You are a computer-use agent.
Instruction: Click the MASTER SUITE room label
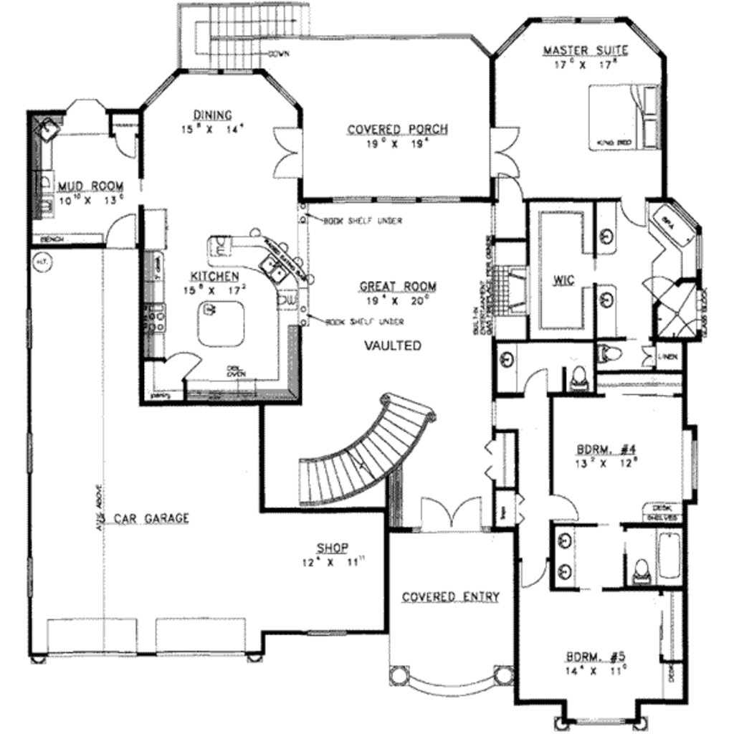click(585, 51)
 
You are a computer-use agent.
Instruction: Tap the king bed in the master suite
click(623, 118)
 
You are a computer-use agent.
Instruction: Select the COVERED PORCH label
click(397, 130)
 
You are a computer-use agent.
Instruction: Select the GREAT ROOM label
click(398, 287)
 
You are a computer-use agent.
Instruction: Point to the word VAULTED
click(393, 345)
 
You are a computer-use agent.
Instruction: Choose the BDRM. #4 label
click(606, 450)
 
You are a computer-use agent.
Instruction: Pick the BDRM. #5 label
click(596, 656)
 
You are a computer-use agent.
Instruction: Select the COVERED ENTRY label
click(450, 597)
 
